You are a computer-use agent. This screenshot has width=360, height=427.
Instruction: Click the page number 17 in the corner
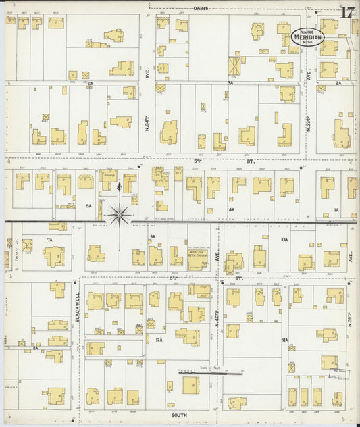347,12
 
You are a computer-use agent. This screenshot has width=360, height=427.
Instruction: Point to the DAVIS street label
201,9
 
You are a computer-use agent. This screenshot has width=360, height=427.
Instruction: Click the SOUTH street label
179,416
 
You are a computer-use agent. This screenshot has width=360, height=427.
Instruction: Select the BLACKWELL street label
78,306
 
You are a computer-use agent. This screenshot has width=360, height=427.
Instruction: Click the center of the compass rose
119,214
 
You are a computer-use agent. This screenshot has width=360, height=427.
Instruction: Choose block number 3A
230,82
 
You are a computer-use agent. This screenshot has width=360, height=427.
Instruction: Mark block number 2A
338,82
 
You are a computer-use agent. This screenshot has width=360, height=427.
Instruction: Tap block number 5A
88,205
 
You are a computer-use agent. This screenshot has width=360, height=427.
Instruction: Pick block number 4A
231,209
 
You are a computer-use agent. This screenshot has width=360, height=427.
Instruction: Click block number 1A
336,210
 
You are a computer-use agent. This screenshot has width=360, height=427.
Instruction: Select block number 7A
49,240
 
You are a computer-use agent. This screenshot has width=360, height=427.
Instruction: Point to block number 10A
284,239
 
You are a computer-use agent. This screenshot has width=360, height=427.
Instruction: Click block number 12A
159,340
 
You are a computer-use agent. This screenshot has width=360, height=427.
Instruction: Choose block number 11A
284,340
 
